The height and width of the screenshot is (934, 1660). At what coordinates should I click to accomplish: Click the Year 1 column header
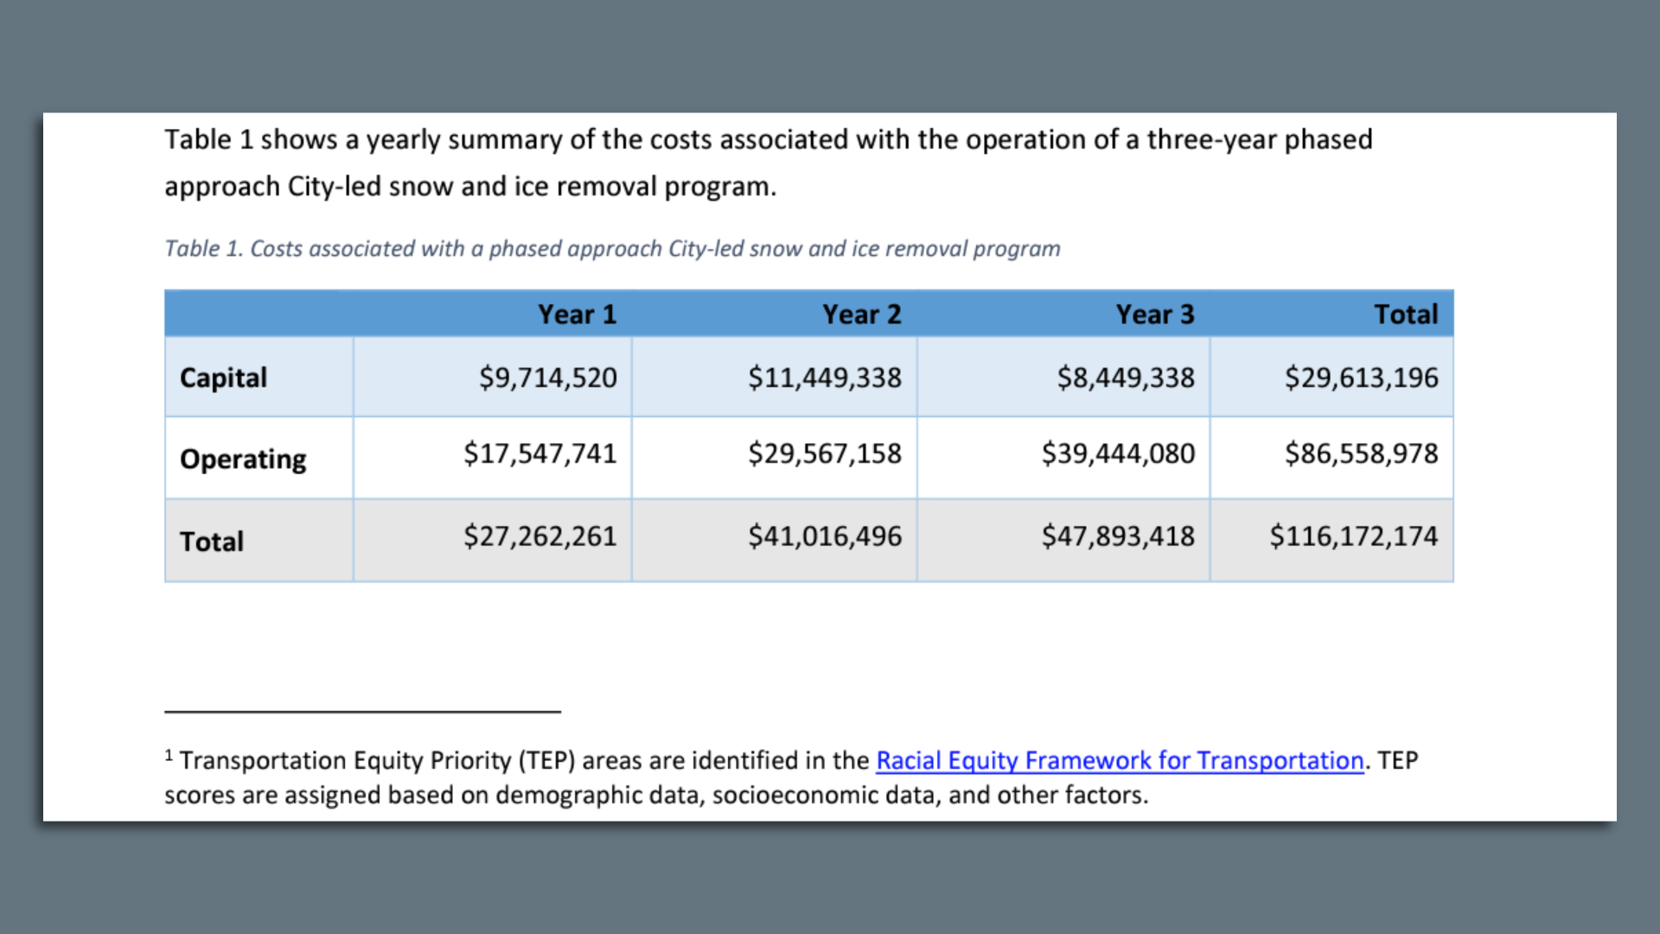click(577, 314)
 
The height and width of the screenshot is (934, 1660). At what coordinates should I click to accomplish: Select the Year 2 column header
click(861, 314)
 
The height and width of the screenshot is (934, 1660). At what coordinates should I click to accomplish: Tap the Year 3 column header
click(1154, 314)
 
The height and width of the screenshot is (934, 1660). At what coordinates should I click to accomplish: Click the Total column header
click(1406, 314)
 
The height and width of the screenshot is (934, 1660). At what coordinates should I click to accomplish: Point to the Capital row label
click(223, 378)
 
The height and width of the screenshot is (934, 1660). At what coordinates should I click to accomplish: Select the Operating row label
click(243, 458)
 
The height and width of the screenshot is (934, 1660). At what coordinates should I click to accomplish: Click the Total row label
click(212, 541)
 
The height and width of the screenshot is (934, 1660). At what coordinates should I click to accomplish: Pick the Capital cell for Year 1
click(547, 378)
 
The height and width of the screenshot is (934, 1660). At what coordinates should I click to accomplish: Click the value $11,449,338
click(824, 378)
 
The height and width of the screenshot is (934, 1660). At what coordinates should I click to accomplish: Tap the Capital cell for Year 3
click(1125, 378)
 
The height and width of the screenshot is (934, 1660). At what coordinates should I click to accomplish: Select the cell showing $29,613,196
click(1361, 378)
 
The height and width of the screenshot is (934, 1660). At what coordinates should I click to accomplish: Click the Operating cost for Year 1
click(539, 454)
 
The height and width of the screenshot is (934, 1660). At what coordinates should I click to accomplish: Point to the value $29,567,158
click(824, 454)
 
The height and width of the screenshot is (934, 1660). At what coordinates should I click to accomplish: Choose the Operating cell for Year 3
click(1117, 454)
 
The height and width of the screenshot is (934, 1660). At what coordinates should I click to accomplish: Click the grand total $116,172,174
click(1353, 536)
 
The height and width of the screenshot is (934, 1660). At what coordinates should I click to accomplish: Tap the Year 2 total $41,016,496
click(824, 536)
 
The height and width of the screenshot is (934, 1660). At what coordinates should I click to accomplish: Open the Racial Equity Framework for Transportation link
click(1119, 760)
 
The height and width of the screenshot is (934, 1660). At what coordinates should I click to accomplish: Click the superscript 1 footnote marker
click(169, 755)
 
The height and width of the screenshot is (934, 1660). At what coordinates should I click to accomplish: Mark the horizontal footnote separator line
click(362, 712)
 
